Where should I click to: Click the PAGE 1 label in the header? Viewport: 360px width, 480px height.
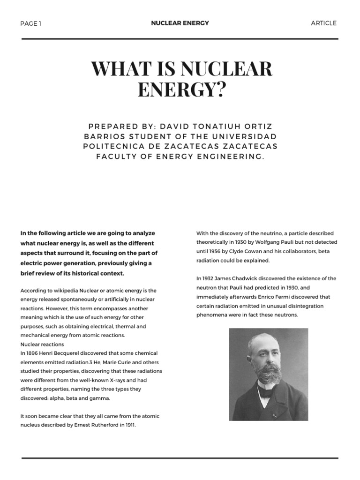31,23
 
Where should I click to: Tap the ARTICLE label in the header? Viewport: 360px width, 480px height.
323,23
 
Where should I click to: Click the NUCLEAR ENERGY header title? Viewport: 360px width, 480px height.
180,23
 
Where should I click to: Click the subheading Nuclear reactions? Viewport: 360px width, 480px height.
42,345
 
